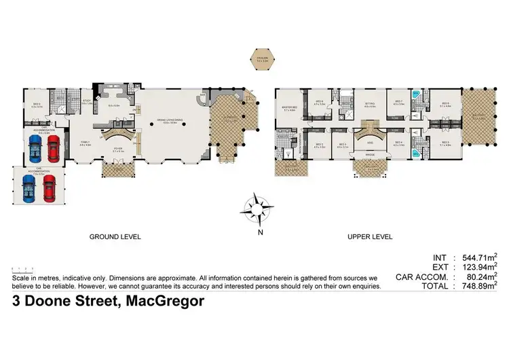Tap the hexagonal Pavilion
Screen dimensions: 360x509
[x=263, y=59]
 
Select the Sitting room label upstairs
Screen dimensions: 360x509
[x=370, y=105]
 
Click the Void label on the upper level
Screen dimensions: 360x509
[x=371, y=143]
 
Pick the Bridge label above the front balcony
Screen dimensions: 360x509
[x=371, y=155]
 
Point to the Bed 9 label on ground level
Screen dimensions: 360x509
[x=37, y=105]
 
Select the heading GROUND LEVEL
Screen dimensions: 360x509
[x=115, y=237]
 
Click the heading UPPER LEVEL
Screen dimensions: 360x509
[x=370, y=237]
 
